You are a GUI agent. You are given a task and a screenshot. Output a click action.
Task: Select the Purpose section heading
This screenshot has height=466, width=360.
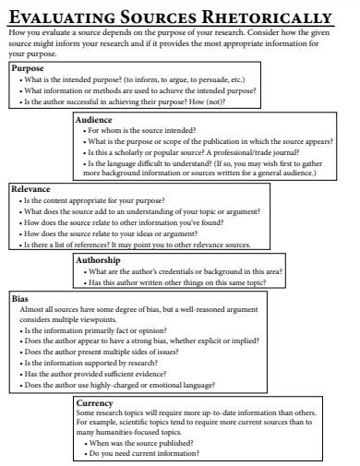tap(29, 68)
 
